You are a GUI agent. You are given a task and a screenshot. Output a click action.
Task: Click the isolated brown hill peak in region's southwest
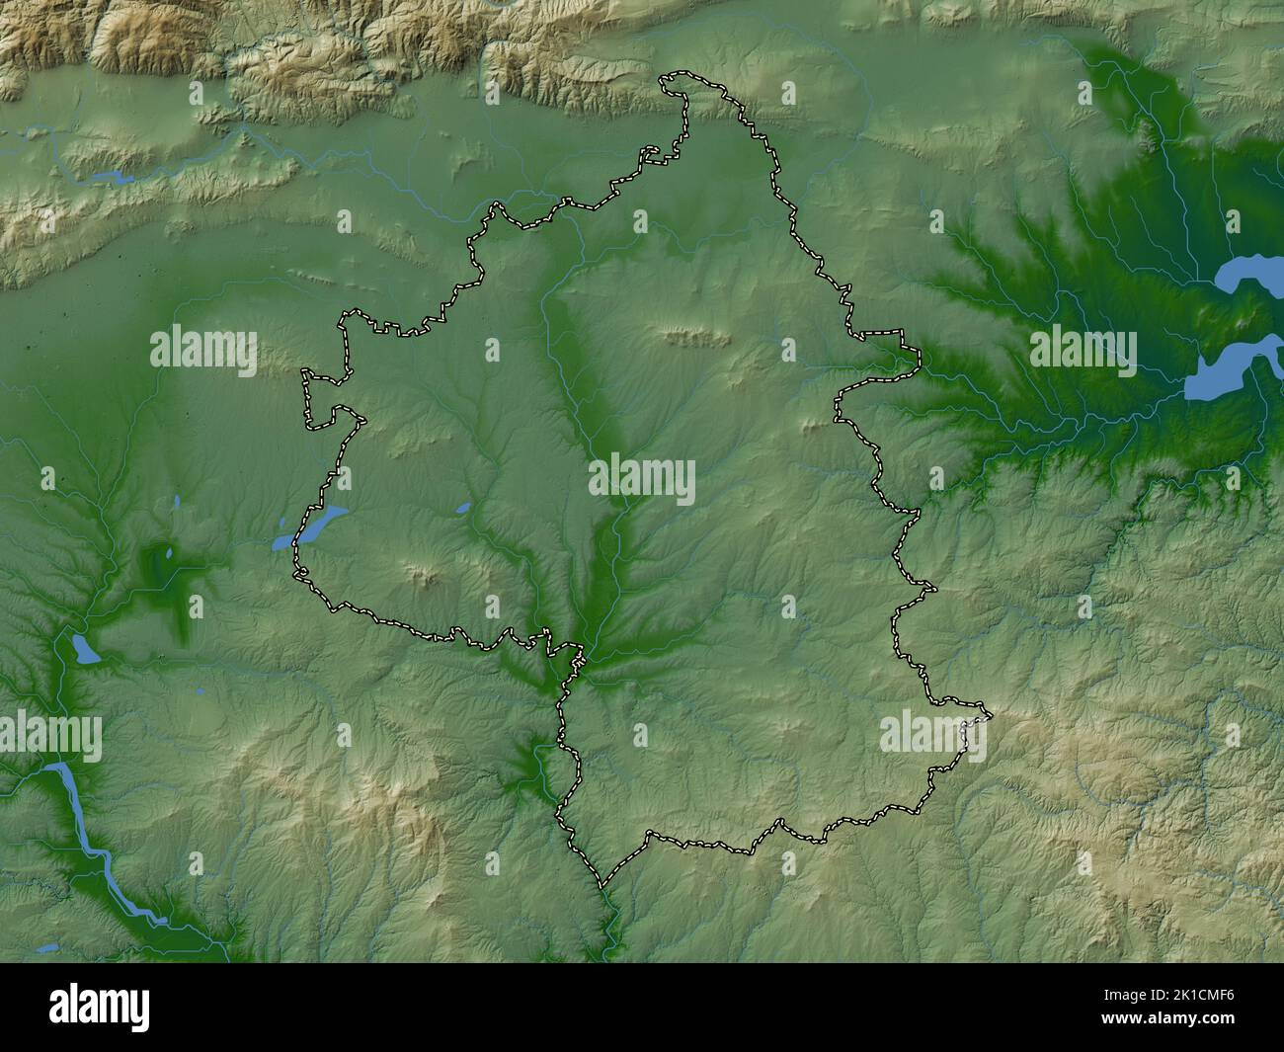[x=427, y=575]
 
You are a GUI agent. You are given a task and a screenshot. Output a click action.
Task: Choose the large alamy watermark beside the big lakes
[x=1083, y=352]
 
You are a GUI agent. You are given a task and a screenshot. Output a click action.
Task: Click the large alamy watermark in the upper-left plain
[x=203, y=352]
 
